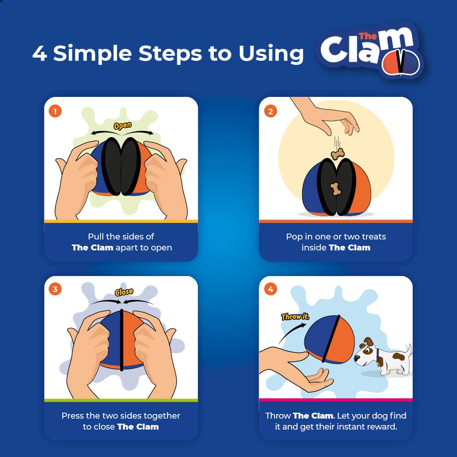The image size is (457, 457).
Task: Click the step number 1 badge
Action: coord(55,111)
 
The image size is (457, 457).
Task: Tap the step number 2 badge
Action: coord(271,111)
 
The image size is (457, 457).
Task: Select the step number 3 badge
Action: coord(55,289)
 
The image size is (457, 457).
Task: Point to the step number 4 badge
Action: coord(271,289)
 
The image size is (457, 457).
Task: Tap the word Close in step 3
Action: coord(123,292)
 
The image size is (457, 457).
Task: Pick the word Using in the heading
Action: coord(271,54)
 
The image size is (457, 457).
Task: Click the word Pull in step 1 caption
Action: coord(96,237)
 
